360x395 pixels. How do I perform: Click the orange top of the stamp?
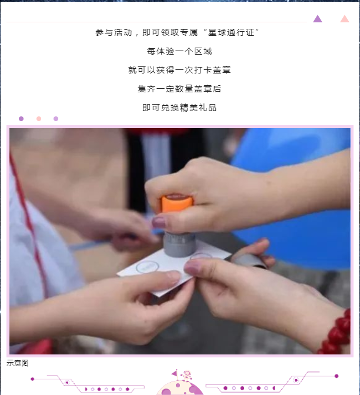pyautogui.click(x=177, y=203)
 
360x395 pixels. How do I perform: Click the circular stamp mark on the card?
pyautogui.click(x=147, y=267)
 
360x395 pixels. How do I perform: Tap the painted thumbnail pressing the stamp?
pyautogui.click(x=159, y=222)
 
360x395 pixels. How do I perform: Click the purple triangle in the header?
pyautogui.click(x=318, y=19)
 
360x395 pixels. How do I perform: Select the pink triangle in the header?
pyautogui.click(x=344, y=19)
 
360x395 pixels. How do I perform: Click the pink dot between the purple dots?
pyautogui.click(x=39, y=119)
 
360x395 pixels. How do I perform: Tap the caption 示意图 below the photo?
pyautogui.click(x=18, y=363)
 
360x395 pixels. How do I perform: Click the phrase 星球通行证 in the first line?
pyautogui.click(x=231, y=32)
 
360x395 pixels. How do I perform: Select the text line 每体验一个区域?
pyautogui.click(x=179, y=51)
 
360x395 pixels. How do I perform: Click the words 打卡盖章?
pyautogui.click(x=212, y=70)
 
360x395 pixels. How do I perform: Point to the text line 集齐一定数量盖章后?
pyautogui.click(x=179, y=89)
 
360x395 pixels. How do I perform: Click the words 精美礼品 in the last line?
pyautogui.click(x=198, y=108)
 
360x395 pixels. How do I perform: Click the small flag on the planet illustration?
pyautogui.click(x=175, y=373)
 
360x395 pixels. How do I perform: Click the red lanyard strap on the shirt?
pyautogui.click(x=28, y=222)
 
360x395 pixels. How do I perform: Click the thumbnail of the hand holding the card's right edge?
pyautogui.click(x=192, y=267)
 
